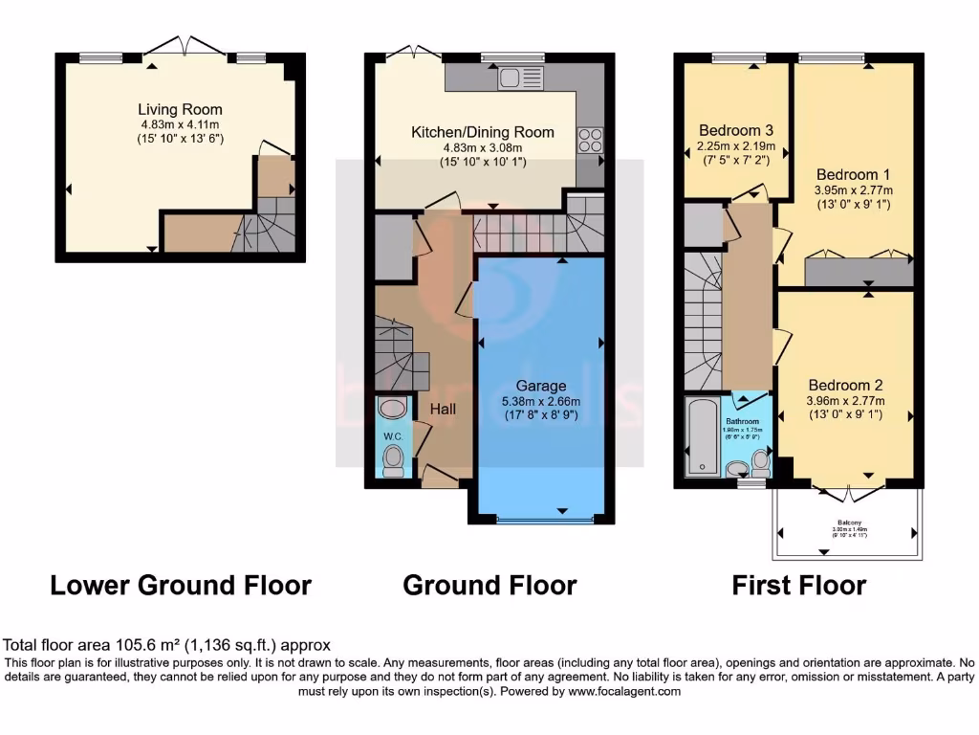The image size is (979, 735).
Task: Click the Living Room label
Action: pyautogui.click(x=180, y=109)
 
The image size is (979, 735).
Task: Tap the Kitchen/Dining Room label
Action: pyautogui.click(x=482, y=132)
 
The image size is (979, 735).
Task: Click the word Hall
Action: pyautogui.click(x=442, y=409)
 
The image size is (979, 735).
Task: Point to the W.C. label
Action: pyautogui.click(x=393, y=437)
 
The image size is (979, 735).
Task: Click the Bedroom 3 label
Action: pyautogui.click(x=735, y=131)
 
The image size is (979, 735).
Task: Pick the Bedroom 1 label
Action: pyautogui.click(x=853, y=174)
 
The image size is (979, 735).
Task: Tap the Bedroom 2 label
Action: pyautogui.click(x=845, y=386)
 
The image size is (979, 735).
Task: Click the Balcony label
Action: pyautogui.click(x=846, y=523)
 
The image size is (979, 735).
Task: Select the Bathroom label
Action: pyautogui.click(x=741, y=421)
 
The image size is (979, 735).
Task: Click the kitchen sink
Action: pyautogui.click(x=509, y=77)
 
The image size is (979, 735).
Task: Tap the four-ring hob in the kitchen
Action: pyautogui.click(x=590, y=140)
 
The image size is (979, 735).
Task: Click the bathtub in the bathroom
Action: pyautogui.click(x=703, y=437)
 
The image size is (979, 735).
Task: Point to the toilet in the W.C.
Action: pyautogui.click(x=393, y=463)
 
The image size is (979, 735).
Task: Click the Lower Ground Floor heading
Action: pyautogui.click(x=181, y=585)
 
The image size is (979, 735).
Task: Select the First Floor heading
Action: pyautogui.click(x=799, y=585)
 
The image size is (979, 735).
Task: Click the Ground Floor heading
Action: pyautogui.click(x=489, y=585)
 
